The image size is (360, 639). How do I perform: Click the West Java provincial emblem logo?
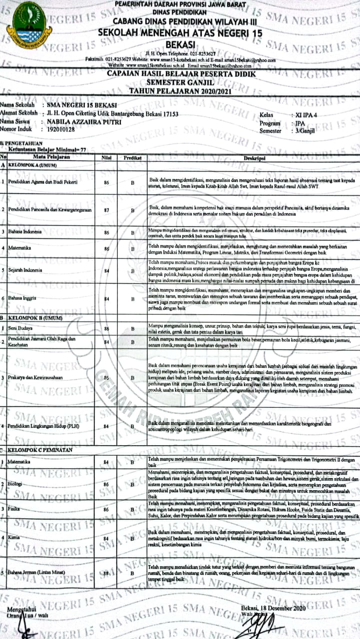pos(29,26)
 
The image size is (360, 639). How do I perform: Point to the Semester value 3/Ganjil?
pos(305,131)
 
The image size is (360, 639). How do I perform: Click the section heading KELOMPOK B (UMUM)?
pos(32,318)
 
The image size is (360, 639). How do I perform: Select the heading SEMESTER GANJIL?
pos(182,82)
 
